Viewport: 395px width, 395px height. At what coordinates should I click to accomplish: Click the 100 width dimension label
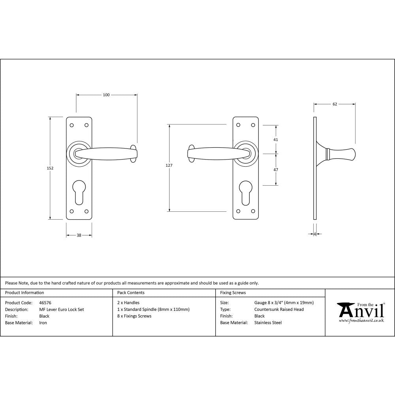[x=106, y=95]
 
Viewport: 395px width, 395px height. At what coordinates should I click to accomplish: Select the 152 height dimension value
[x=50, y=168]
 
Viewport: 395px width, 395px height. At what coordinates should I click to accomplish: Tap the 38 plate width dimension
[x=79, y=235]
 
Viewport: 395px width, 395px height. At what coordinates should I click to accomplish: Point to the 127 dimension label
[x=169, y=166]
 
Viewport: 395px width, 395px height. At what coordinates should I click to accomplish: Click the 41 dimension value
[x=276, y=140]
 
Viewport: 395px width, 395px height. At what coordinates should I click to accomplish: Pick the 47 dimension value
[x=276, y=169]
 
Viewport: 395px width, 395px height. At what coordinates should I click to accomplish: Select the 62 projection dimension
[x=335, y=104]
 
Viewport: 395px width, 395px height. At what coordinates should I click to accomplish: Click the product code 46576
[x=45, y=303]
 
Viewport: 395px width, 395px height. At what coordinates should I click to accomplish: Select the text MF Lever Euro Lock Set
[x=61, y=310]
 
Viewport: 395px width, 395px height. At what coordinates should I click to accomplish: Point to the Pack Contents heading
[x=131, y=293]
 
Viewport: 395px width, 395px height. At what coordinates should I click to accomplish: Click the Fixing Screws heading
[x=233, y=293]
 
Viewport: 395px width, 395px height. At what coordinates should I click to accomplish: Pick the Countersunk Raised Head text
[x=279, y=310]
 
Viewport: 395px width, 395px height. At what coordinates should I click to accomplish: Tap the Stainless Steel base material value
[x=268, y=323]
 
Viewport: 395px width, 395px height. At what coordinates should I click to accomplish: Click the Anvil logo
[x=360, y=310]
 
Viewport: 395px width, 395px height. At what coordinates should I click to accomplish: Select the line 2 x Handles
[x=128, y=303]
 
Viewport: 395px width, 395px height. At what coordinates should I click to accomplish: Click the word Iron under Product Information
[x=43, y=323]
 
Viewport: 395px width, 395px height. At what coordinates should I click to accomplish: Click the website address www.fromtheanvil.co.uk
[x=361, y=321]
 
